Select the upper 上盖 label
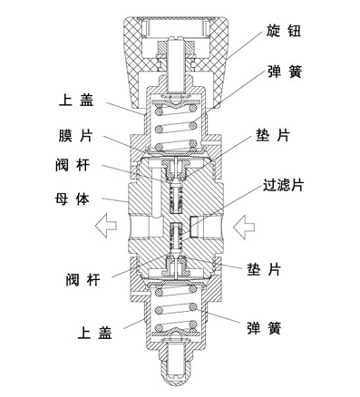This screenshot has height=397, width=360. [77, 102]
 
